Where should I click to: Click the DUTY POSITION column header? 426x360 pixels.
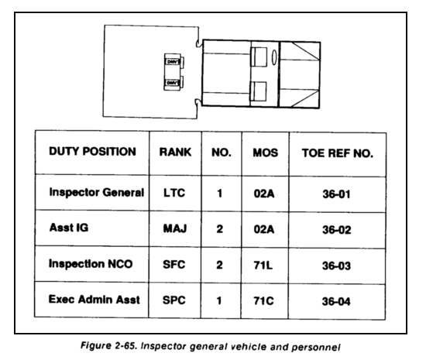coord(92,152)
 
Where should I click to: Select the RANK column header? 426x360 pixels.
coord(175,152)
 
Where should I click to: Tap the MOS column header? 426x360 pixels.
coord(266,153)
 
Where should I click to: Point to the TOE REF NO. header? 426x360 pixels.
coord(338,153)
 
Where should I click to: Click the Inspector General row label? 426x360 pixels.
coord(97,193)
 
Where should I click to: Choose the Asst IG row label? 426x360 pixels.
coord(69,228)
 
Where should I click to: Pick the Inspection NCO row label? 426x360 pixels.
coord(91,264)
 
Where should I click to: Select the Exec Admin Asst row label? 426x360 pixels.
coord(94,300)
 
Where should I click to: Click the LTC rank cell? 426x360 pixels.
coord(174,193)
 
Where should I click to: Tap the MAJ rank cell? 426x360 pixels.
coord(175,228)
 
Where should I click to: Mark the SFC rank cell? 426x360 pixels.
coord(173,265)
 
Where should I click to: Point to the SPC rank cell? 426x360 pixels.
coord(173,300)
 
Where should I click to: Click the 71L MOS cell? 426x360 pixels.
coord(263,265)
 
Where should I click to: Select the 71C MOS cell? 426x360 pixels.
coord(263,301)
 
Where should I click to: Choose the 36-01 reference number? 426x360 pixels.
coord(336,194)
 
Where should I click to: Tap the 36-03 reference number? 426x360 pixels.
coord(336,266)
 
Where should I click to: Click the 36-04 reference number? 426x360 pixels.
coord(336,301)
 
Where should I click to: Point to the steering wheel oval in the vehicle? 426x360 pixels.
coord(274,57)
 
